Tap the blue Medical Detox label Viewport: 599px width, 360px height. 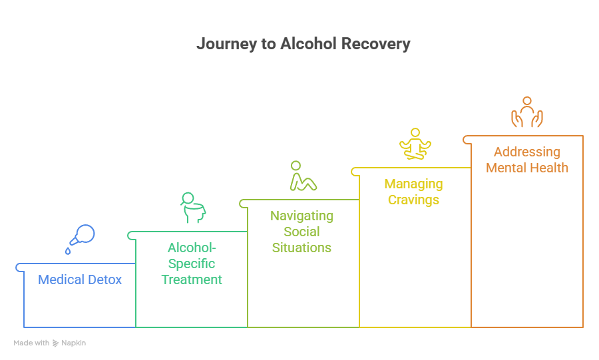(x=80, y=280)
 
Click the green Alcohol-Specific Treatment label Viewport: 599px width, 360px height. (x=192, y=264)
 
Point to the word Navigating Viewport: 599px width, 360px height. (x=302, y=216)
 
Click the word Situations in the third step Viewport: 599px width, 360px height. (x=302, y=248)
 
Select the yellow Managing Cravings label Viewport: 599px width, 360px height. (x=413, y=192)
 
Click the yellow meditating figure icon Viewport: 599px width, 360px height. (x=415, y=144)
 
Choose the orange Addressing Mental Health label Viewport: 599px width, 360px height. (x=527, y=160)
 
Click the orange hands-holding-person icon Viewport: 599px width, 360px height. (x=527, y=112)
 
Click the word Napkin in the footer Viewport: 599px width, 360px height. (x=74, y=343)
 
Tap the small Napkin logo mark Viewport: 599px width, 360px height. (x=55, y=343)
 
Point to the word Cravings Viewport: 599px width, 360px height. (x=413, y=200)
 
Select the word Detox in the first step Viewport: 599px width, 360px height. (x=104, y=280)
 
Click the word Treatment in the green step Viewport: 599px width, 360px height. (x=192, y=279)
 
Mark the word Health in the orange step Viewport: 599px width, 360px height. (x=549, y=168)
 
